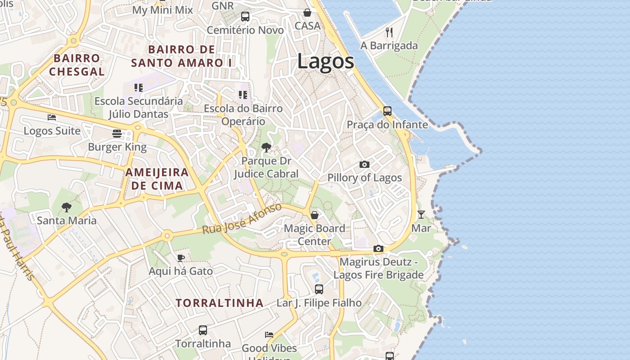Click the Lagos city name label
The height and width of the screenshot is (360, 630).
(325, 62)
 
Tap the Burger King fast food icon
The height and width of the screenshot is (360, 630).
(117, 134)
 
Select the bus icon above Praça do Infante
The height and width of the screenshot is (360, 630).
(387, 111)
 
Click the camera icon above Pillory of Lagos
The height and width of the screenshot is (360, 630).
(364, 164)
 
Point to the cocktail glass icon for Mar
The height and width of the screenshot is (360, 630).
(421, 215)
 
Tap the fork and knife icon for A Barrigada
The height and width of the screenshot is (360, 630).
(389, 32)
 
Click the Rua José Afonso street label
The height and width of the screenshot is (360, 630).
(242, 219)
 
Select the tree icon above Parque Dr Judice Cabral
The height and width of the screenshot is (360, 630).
(266, 147)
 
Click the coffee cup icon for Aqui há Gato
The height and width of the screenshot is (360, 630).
(180, 258)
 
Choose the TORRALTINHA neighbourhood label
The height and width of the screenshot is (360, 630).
(220, 303)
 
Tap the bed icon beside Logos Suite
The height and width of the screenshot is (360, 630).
(52, 117)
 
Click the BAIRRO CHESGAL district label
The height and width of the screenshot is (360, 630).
(76, 65)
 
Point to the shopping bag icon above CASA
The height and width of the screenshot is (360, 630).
(307, 13)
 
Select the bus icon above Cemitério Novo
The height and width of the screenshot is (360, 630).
(245, 17)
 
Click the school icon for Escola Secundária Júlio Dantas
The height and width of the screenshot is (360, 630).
(139, 88)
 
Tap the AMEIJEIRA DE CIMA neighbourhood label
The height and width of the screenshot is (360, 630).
(157, 179)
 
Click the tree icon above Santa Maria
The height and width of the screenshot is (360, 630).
(67, 207)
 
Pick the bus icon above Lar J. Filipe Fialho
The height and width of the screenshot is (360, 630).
(319, 289)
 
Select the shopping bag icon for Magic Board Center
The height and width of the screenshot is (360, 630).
(315, 215)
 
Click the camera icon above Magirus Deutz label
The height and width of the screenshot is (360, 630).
(378, 248)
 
